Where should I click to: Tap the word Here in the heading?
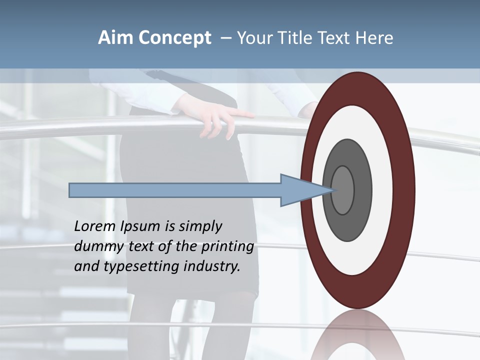(x=374, y=38)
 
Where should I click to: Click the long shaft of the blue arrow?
(x=175, y=190)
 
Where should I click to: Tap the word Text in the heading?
(x=335, y=38)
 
